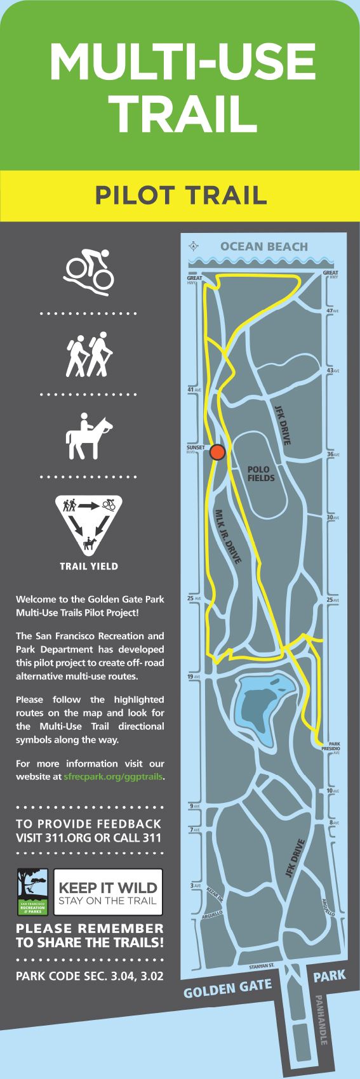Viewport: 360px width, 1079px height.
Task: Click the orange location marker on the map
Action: click(x=218, y=452)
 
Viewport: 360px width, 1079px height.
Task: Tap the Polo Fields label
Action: click(x=261, y=473)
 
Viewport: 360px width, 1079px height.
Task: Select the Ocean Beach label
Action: click(x=264, y=246)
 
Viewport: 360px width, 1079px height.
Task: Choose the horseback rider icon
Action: click(x=88, y=437)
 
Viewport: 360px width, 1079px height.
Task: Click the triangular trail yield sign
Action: click(x=88, y=524)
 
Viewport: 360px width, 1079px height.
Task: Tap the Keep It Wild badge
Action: click(x=107, y=892)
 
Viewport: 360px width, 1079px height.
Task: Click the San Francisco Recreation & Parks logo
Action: click(x=32, y=892)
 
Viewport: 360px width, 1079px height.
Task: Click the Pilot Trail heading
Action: click(x=180, y=195)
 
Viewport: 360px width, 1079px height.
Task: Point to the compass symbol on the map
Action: click(x=194, y=247)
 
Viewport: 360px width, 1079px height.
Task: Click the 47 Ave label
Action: click(x=332, y=310)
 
